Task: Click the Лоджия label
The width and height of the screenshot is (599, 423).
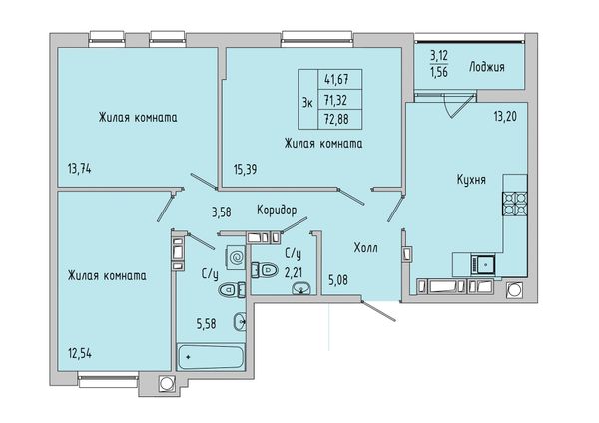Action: [487, 67]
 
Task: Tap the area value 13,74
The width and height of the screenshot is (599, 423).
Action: [80, 169]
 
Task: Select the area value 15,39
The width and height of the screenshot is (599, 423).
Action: [245, 169]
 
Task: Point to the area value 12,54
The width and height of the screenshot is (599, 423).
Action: [80, 354]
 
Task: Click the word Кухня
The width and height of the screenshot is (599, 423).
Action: [471, 180]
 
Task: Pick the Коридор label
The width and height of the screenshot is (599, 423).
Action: [277, 210]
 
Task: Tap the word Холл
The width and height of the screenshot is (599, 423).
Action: [366, 248]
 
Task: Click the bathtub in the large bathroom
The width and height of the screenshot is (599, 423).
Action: [210, 356]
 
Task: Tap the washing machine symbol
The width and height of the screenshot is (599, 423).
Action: [235, 258]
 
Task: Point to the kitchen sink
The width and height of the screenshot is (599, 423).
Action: [483, 264]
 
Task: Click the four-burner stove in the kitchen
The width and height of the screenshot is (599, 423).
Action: [514, 203]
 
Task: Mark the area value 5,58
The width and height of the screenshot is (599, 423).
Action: [207, 324]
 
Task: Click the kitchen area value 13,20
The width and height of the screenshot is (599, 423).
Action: [505, 116]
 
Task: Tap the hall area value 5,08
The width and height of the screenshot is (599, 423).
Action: [338, 280]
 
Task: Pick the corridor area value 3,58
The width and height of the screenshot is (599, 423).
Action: [222, 211]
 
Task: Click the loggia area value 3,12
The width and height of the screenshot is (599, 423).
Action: [439, 56]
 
